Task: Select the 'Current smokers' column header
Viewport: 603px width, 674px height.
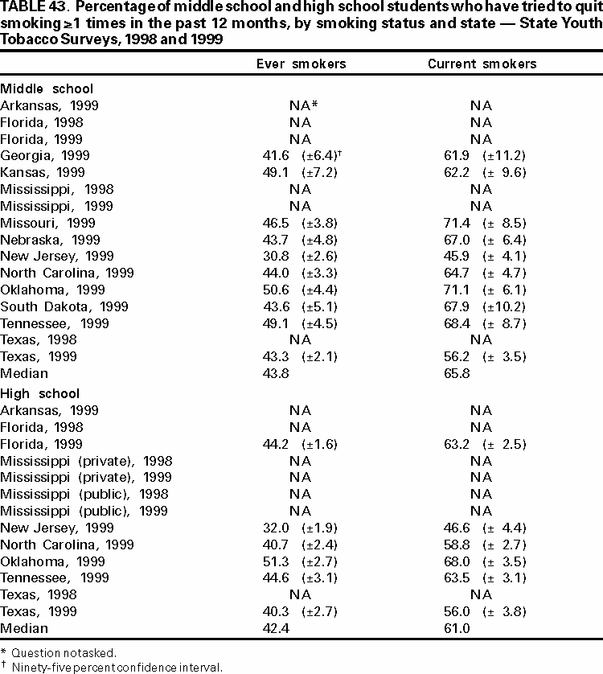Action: (482, 64)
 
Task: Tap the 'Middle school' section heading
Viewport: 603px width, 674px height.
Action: (47, 88)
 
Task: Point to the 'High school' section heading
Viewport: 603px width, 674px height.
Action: (40, 393)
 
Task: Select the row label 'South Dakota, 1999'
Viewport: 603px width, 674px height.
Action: (55, 306)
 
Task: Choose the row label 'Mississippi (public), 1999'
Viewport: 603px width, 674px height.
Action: (84, 512)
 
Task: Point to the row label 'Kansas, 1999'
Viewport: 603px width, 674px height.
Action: (42, 172)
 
